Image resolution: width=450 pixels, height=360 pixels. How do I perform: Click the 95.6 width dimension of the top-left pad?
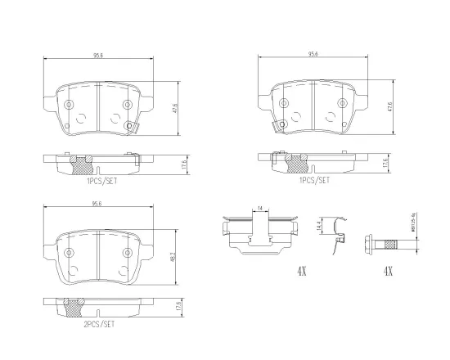pos(96,56)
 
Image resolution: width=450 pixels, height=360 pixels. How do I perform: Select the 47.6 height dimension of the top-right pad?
pos(390,106)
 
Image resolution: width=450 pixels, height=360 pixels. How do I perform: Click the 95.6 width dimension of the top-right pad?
pos(313,56)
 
